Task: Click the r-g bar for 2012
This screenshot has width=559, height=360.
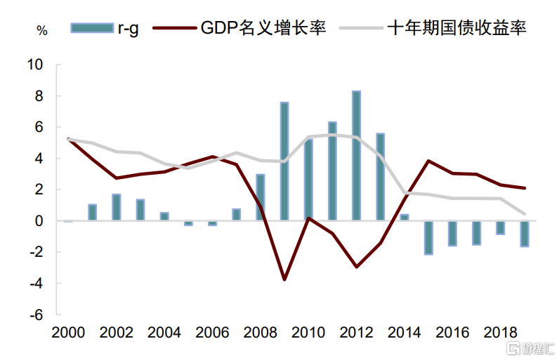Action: tap(356, 156)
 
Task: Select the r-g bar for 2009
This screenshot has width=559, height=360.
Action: tap(284, 161)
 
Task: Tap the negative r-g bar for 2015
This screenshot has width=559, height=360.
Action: tap(428, 237)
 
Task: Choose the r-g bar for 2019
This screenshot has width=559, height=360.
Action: tap(525, 233)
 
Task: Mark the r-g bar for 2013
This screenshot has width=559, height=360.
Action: tap(380, 177)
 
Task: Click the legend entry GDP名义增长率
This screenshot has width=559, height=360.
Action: tap(263, 29)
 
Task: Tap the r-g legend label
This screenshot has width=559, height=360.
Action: tap(127, 29)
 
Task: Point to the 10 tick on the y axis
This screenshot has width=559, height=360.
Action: tap(35, 65)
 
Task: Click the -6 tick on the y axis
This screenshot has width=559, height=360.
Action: tap(35, 315)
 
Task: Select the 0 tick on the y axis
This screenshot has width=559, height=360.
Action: tap(39, 221)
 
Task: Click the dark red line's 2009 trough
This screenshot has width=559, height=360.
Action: tap(284, 280)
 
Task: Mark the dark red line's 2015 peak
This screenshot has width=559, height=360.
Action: tap(428, 161)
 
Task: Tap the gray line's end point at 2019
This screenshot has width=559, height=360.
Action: tap(525, 213)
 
